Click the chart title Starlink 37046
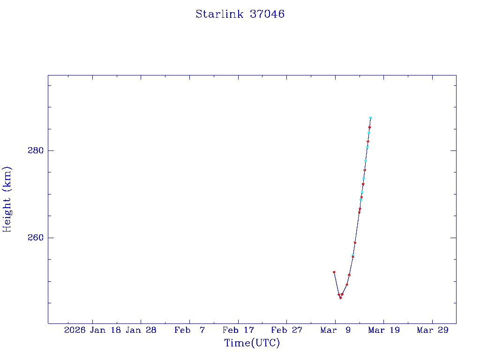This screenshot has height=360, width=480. coord(240,14)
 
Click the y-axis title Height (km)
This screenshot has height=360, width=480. coord(7,199)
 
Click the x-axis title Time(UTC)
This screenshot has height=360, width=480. coord(252,343)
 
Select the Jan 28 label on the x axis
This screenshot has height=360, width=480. coord(141,330)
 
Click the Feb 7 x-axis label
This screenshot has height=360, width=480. coord(189,330)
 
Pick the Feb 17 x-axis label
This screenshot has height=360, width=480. coord(238,330)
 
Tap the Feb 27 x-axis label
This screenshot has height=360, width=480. coord(286,330)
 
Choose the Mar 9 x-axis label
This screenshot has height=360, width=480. coord(335,330)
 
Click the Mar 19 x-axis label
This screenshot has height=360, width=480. coord(383,330)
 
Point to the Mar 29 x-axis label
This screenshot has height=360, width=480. coord(432,330)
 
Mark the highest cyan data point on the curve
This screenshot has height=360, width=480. coord(370,118)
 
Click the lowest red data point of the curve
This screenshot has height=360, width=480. coord(340,298)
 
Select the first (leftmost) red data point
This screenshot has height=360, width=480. coord(334,272)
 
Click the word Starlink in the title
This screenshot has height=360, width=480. coord(219,14)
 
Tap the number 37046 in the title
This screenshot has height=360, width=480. coord(267,14)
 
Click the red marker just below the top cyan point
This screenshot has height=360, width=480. coord(369,127)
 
